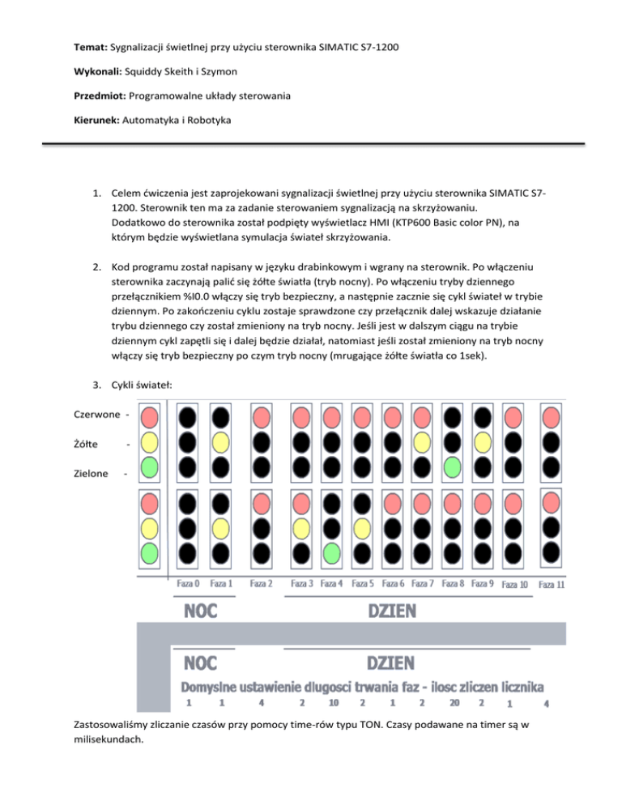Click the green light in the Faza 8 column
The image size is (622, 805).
[453, 466]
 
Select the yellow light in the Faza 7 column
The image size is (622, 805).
[422, 441]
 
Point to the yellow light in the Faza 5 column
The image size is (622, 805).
[362, 528]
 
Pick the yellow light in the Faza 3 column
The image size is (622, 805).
[301, 528]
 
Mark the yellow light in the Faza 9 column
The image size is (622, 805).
[483, 441]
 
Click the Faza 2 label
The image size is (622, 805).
[262, 583]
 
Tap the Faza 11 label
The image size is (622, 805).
[552, 584]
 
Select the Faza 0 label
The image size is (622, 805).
[188, 583]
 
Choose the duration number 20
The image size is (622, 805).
[454, 703]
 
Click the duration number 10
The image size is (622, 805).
[334, 703]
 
